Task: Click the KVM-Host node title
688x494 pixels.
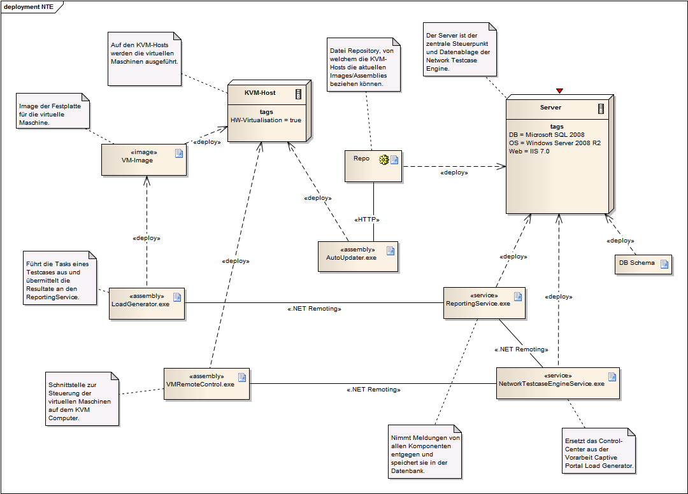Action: (x=260, y=93)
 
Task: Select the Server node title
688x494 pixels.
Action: (x=550, y=108)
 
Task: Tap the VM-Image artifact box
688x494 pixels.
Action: (x=143, y=159)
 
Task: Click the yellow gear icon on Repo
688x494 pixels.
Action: (x=384, y=159)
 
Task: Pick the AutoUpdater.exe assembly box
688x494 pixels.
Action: (x=357, y=257)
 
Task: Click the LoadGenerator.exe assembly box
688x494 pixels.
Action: (x=147, y=303)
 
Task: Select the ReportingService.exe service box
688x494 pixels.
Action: (x=484, y=302)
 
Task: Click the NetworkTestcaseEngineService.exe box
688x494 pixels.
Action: (x=558, y=383)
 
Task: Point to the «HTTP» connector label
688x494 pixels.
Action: (x=367, y=220)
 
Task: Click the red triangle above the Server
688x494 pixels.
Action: (x=560, y=91)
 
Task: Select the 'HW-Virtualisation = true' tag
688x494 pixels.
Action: (x=266, y=120)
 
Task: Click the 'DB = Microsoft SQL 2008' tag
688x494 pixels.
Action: (x=547, y=135)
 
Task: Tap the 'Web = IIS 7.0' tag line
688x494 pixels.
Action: (x=529, y=152)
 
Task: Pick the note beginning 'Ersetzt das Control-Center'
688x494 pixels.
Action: (x=599, y=453)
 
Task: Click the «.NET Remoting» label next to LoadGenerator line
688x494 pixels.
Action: (x=314, y=309)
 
